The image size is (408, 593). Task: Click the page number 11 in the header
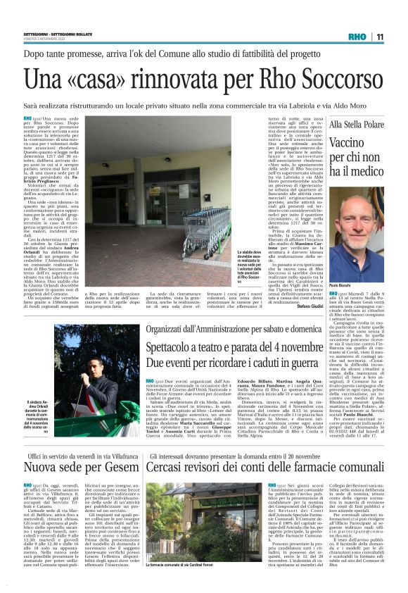378,37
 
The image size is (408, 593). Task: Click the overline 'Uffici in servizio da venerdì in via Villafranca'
70,456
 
